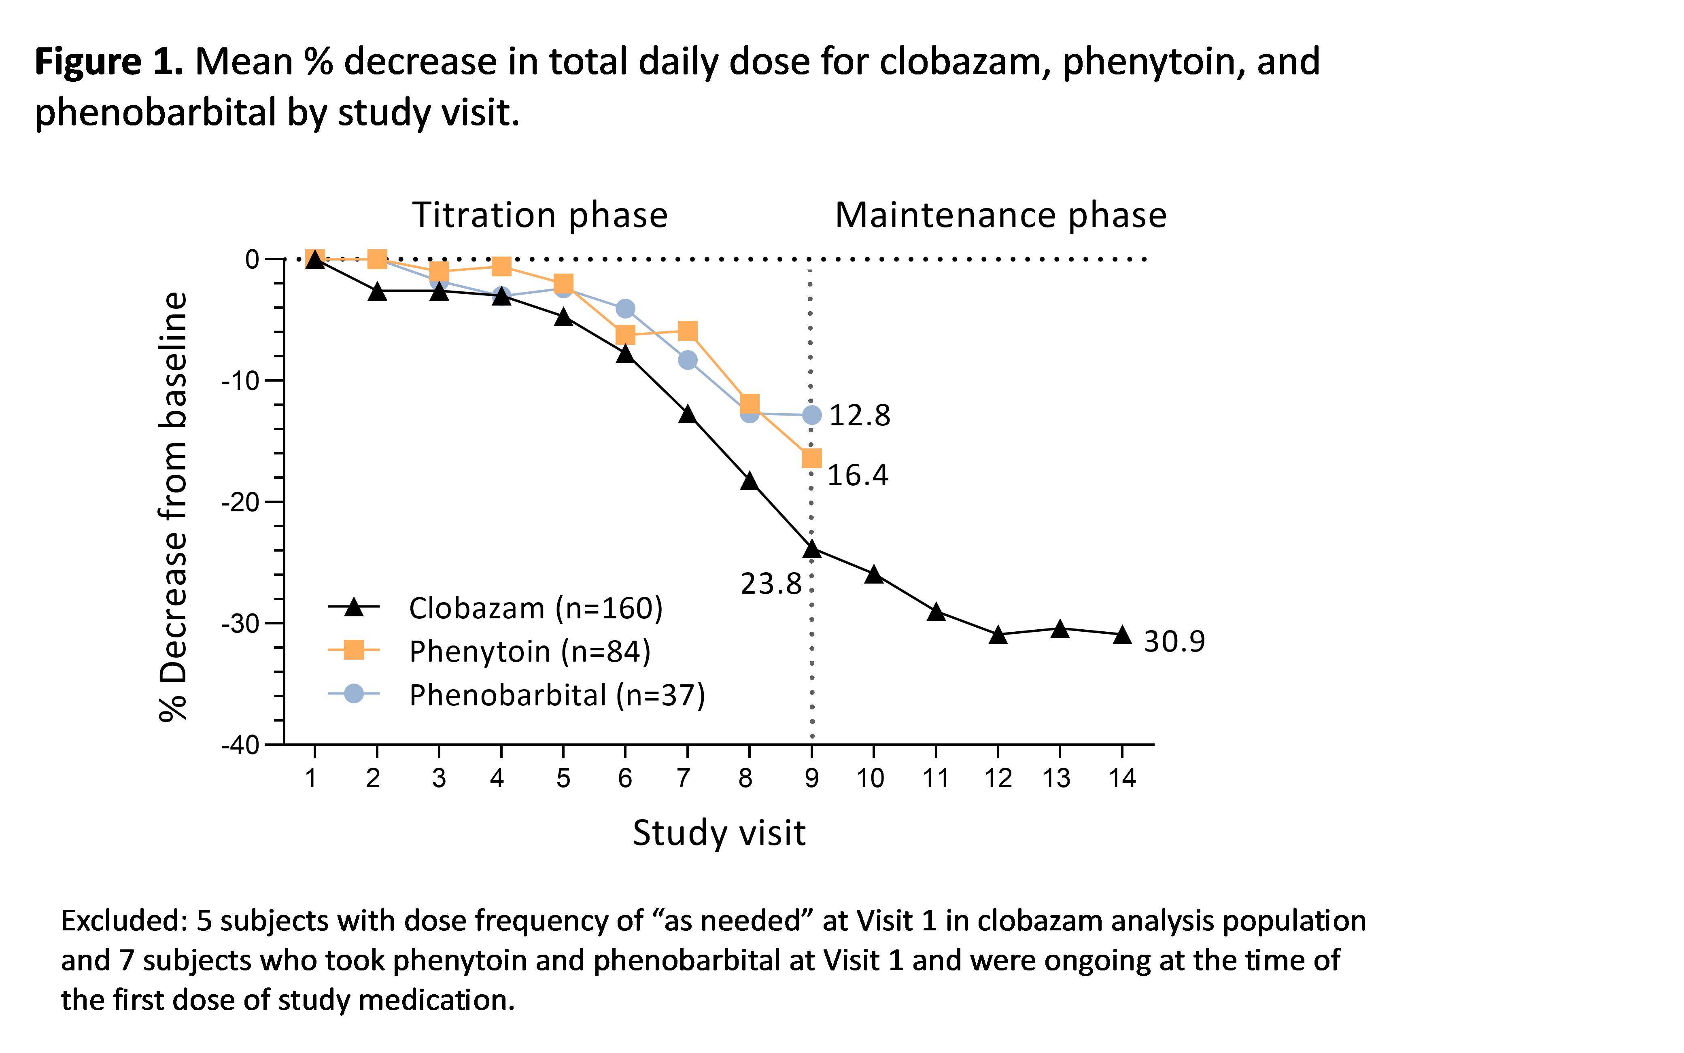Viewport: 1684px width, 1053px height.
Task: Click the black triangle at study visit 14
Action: (1121, 635)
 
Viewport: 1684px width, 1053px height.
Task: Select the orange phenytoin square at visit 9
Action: (811, 458)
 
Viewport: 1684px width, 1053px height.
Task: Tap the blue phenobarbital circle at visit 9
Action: (811, 415)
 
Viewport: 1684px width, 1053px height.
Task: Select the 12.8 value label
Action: (860, 416)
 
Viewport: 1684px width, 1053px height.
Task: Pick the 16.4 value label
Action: (857, 476)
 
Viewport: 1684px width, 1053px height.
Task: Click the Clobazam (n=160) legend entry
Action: (535, 608)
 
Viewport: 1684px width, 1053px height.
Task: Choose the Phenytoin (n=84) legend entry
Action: (529, 651)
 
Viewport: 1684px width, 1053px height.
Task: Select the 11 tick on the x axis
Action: (935, 778)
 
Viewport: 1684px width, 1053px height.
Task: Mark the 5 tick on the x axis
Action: (563, 778)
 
